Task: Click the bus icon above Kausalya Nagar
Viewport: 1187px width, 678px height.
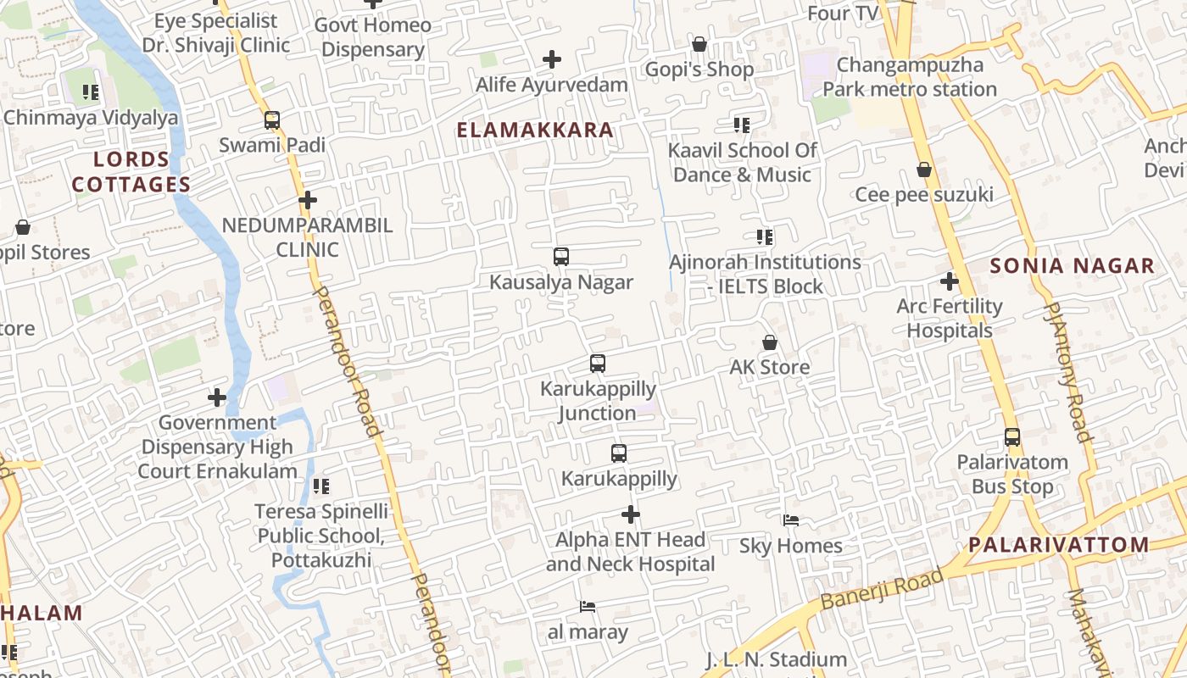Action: (560, 256)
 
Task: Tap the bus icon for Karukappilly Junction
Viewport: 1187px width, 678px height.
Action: (598, 364)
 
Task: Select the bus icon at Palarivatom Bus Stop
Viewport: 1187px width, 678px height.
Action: (1012, 437)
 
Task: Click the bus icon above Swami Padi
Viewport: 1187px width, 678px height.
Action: (272, 120)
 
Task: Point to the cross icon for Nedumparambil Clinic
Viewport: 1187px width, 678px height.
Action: (308, 201)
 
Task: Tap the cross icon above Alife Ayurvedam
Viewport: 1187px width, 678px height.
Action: (552, 59)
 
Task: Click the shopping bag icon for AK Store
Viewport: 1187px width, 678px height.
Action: (770, 342)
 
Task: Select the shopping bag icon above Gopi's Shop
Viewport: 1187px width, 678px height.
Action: (699, 44)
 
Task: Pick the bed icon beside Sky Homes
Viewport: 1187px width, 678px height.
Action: (791, 520)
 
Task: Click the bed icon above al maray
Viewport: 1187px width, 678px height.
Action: (588, 606)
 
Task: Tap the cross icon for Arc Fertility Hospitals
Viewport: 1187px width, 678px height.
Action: (950, 281)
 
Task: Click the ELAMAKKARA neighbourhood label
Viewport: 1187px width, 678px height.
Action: (535, 130)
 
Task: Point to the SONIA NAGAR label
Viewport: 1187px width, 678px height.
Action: (1073, 266)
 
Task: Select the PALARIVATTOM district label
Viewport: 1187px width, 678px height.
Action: (1059, 544)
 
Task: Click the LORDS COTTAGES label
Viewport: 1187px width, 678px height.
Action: (131, 172)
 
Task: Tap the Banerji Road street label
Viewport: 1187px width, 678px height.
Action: (882, 590)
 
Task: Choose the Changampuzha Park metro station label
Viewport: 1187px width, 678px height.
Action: (910, 77)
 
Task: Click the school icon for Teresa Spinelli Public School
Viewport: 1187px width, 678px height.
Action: (320, 486)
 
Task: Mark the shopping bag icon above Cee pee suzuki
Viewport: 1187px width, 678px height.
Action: (924, 170)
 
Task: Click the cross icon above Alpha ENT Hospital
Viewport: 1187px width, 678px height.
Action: (631, 514)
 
